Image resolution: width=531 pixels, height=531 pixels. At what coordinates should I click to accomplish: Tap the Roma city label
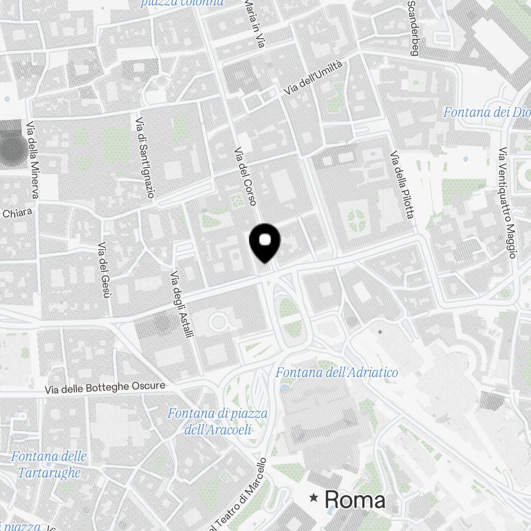[355, 500]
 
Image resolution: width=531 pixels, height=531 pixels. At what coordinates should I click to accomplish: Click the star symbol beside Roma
[314, 498]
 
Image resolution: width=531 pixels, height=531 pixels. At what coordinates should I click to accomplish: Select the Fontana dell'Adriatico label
[336, 373]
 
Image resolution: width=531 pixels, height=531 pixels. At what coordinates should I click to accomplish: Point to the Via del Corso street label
[246, 176]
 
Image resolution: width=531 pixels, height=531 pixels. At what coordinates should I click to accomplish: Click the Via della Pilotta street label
[401, 185]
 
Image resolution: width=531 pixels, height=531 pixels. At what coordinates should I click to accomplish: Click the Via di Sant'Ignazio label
[145, 158]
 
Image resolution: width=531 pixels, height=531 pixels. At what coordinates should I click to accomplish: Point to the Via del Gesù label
[104, 270]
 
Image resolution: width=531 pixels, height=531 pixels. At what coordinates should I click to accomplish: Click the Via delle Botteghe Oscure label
[105, 388]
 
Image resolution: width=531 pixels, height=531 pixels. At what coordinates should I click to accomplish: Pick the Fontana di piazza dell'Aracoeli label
[218, 421]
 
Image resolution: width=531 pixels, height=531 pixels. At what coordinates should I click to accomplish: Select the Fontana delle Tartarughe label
[49, 464]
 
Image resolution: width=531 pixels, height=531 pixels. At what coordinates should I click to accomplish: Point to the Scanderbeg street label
[413, 28]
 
